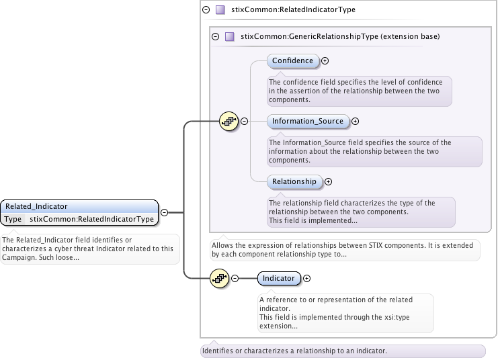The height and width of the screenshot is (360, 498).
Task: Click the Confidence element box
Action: pyautogui.click(x=292, y=60)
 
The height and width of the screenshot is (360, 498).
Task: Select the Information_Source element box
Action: pyautogui.click(x=308, y=122)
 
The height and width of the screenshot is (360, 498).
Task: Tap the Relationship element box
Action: pyautogui.click(x=294, y=181)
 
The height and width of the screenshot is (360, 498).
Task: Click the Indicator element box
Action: pyautogui.click(x=278, y=278)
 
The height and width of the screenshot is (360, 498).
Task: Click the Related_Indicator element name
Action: pyautogui.click(x=36, y=206)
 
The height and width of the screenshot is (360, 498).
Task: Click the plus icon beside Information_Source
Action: pyautogui.click(x=356, y=122)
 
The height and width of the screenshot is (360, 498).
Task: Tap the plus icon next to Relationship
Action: pyautogui.click(x=329, y=181)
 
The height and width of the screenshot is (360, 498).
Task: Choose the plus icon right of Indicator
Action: pyautogui.click(x=307, y=278)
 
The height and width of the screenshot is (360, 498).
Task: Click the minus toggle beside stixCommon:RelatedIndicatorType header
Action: pyautogui.click(x=205, y=10)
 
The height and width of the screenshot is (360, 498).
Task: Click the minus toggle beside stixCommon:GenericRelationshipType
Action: pyautogui.click(x=215, y=37)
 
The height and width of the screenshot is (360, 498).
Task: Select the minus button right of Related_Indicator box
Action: pyautogui.click(x=164, y=213)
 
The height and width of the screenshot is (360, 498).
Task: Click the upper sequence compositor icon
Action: pyautogui.click(x=229, y=121)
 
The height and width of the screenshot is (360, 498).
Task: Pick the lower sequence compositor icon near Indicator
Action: pyautogui.click(x=220, y=278)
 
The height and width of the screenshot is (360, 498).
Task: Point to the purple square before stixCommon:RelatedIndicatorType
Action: pyautogui.click(x=219, y=10)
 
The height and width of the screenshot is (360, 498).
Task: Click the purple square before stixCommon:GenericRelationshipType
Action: pyautogui.click(x=229, y=37)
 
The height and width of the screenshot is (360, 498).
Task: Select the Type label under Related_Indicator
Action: pyautogui.click(x=12, y=219)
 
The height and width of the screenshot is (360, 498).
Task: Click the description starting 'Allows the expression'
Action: pyautogui.click(x=345, y=250)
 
